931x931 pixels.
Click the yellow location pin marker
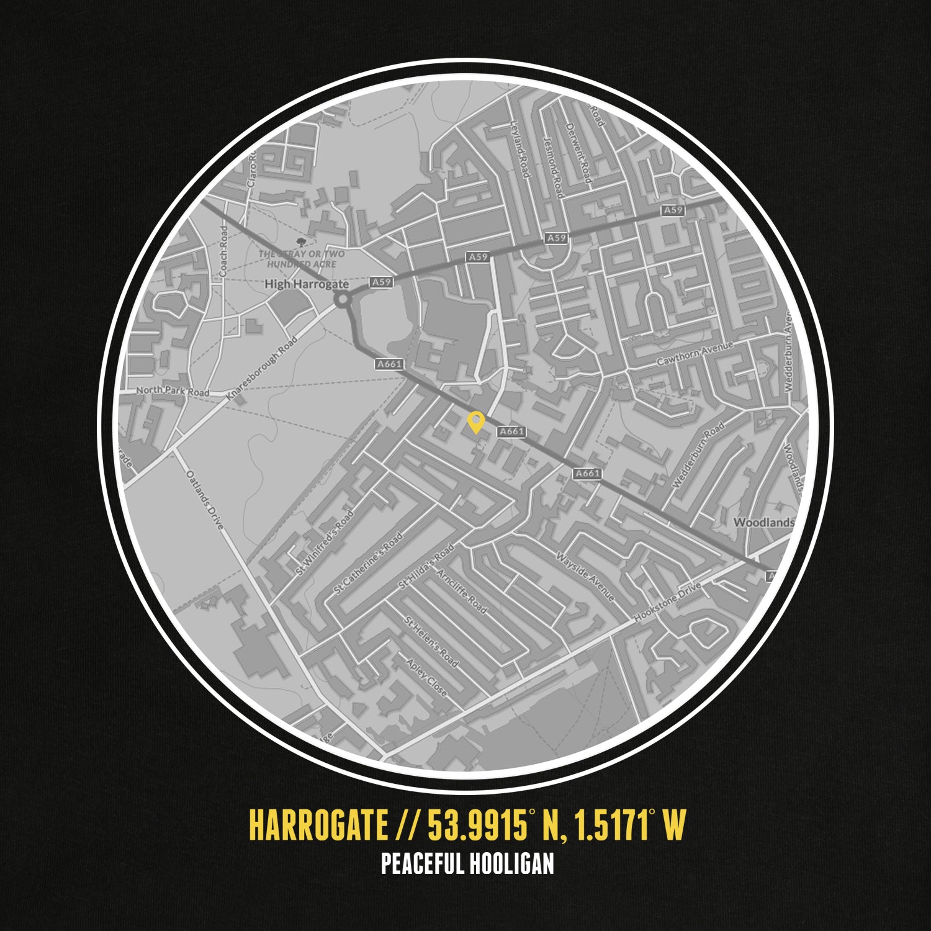point(475,422)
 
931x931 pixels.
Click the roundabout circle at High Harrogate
point(342,300)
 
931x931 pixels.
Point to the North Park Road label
point(173,392)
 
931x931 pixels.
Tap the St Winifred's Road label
point(325,542)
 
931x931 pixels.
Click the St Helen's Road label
point(431,642)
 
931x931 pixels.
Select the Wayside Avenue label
point(585,577)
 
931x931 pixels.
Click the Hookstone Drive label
point(667,602)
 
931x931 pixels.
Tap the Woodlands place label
point(763,523)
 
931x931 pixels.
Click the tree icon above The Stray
point(302,241)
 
